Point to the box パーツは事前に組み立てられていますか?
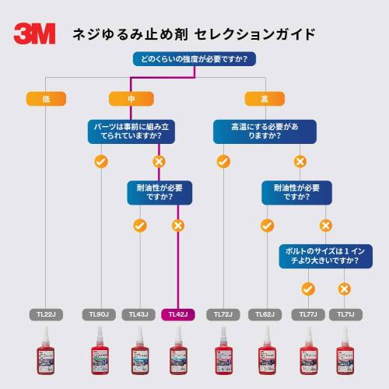tap(129, 129)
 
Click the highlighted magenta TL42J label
tap(178, 314)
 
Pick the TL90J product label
tap(100, 314)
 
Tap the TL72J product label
tap(223, 314)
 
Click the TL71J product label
tap(344, 314)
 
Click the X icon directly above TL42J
tap(178, 226)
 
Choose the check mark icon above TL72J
tap(223, 161)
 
